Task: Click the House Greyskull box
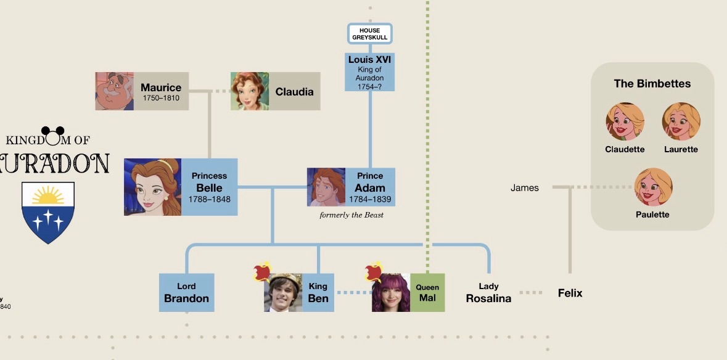coord(370,34)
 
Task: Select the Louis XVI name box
coord(369,72)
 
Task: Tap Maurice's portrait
coord(115,91)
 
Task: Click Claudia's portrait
coord(250,91)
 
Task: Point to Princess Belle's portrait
coord(152,187)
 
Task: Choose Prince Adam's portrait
coord(326,187)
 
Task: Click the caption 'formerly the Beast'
coord(351,215)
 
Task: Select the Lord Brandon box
coord(186,292)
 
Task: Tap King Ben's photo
coord(283,292)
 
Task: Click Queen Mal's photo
coord(391,292)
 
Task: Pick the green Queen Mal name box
coord(427,292)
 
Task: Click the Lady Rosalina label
coord(489,293)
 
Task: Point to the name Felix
coord(570,293)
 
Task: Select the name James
coord(524,187)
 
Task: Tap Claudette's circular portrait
coord(625,121)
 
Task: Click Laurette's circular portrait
coord(681,121)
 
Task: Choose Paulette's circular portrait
coord(653,187)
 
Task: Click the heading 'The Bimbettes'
coord(652,83)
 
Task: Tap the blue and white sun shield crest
coord(48,212)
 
